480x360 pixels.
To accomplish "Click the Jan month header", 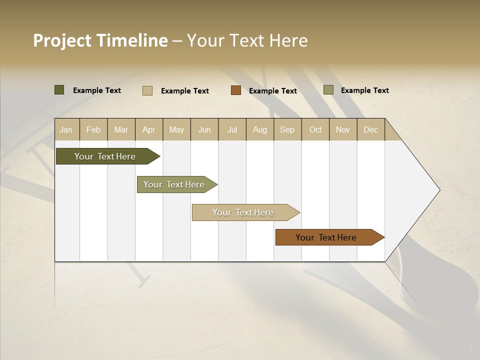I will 66,130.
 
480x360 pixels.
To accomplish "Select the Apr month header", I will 149,130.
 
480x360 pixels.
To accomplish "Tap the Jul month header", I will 232,130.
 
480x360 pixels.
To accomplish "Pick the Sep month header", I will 287,130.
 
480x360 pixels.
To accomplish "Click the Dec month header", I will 370,130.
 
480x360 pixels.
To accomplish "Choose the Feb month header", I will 93,130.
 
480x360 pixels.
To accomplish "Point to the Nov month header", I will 343,130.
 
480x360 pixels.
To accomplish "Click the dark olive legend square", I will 59,90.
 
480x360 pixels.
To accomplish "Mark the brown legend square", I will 236,90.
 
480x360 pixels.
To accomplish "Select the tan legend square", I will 147,90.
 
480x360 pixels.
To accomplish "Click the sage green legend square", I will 328,90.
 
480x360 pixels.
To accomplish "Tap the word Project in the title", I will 62,40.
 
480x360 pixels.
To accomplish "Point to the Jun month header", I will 204,130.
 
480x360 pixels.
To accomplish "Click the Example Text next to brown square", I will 273,91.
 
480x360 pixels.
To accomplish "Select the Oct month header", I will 315,130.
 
